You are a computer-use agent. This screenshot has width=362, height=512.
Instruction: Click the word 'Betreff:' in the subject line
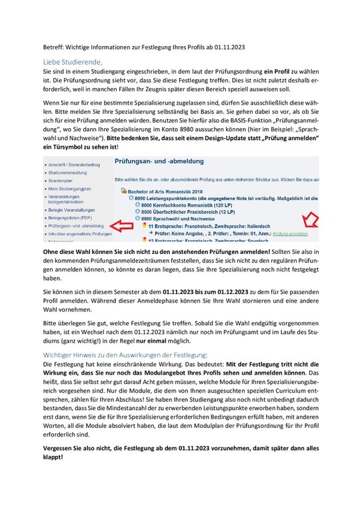(53, 47)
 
